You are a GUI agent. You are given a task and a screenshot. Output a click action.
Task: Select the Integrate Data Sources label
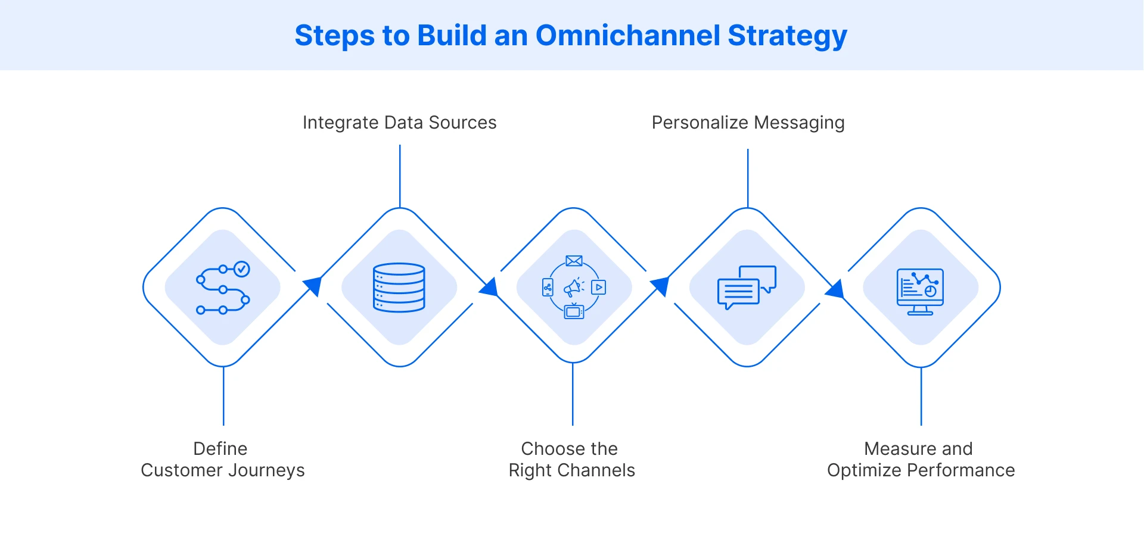click(399, 123)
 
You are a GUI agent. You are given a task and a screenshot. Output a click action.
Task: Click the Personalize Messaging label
click(748, 123)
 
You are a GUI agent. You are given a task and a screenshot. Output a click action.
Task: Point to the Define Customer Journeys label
click(222, 460)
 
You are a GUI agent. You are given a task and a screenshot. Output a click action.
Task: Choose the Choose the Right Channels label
click(571, 460)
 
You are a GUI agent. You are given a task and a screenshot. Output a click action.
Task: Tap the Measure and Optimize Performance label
click(921, 460)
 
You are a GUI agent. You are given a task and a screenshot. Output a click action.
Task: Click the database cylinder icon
click(399, 288)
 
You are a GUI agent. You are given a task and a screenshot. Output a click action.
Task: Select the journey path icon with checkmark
click(222, 288)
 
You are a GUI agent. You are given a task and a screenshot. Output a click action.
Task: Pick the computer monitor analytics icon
click(920, 291)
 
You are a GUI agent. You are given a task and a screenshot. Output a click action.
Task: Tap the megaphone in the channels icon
click(573, 288)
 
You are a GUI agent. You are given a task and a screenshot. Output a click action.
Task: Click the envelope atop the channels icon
click(574, 261)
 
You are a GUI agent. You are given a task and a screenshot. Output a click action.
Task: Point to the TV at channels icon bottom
click(574, 311)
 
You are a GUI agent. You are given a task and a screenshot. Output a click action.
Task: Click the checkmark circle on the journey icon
click(241, 270)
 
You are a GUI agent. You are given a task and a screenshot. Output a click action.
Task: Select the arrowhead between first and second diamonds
click(313, 286)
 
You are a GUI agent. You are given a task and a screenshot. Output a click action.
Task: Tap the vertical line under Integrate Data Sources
click(400, 176)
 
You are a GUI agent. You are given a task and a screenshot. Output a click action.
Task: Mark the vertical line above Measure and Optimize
click(921, 396)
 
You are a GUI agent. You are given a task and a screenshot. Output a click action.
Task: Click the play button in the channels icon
click(599, 288)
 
